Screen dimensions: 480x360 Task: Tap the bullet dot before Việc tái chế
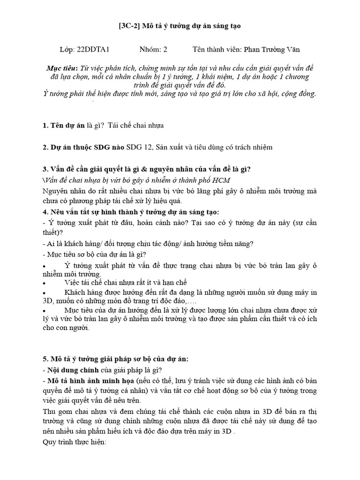point(44,284)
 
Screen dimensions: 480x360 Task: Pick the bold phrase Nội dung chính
point(72,370)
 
